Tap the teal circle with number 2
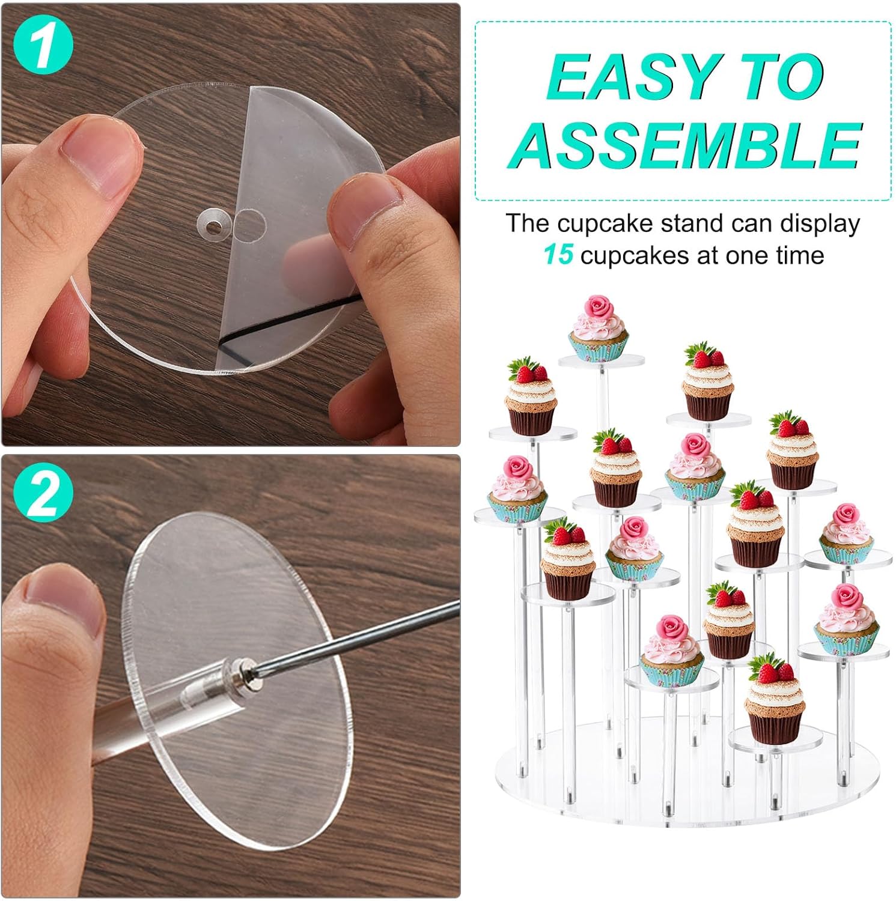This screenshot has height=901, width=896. coord(43,494)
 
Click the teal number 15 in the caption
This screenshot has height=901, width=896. coord(558,255)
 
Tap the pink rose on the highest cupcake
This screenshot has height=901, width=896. coord(599,308)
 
